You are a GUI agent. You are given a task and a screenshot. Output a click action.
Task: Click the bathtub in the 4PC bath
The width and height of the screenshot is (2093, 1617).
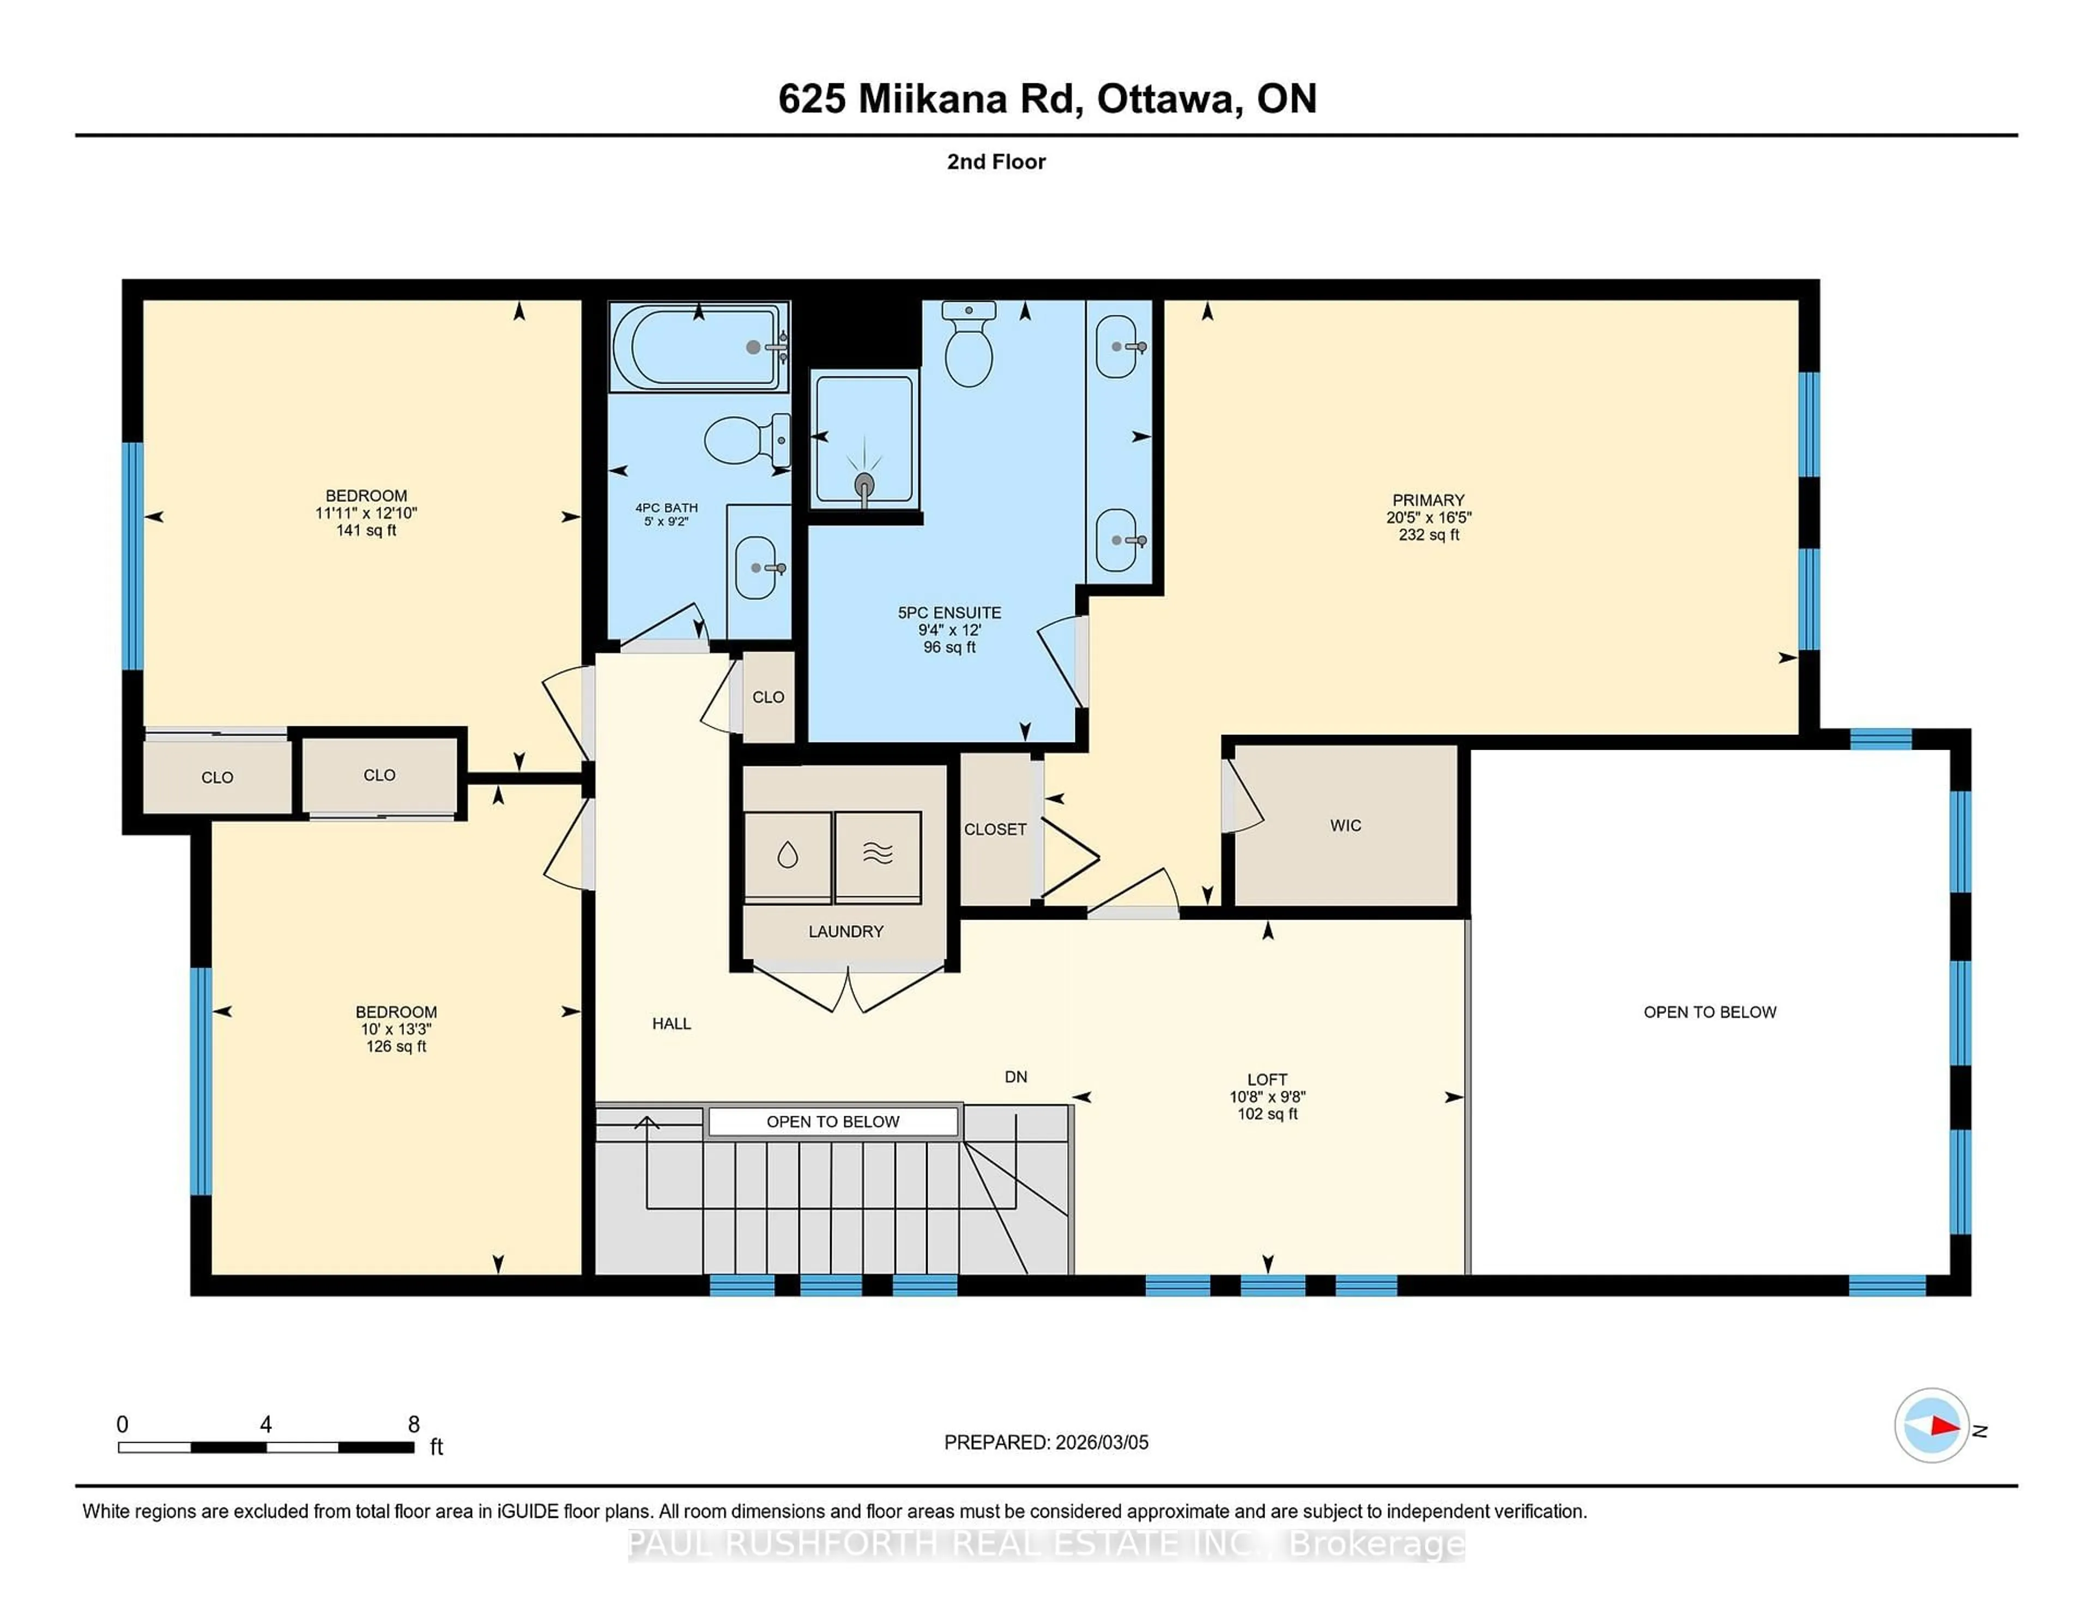pyautogui.click(x=698, y=347)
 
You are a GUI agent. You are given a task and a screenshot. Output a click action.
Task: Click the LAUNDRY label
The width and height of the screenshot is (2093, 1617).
pyautogui.click(x=845, y=931)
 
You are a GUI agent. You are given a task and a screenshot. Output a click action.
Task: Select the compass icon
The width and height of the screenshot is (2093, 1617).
pyautogui.click(x=1931, y=1425)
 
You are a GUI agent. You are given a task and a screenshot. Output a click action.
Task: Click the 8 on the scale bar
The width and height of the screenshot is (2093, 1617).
pyautogui.click(x=414, y=1425)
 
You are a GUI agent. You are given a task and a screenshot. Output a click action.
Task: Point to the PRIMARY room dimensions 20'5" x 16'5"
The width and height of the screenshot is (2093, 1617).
pyautogui.click(x=1428, y=517)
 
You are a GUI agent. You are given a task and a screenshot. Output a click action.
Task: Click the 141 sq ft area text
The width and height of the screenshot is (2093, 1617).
pyautogui.click(x=366, y=530)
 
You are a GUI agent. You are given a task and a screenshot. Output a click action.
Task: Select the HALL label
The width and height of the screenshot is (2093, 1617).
pyautogui.click(x=671, y=1023)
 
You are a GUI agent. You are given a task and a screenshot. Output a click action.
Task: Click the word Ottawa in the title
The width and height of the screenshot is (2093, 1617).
pyautogui.click(x=1165, y=99)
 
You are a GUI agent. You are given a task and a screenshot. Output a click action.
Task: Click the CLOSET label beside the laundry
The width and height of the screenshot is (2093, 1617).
pyautogui.click(x=995, y=830)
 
